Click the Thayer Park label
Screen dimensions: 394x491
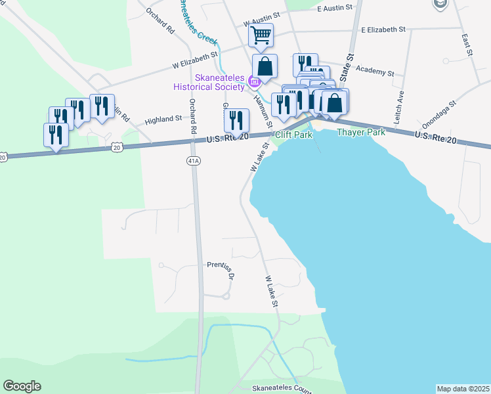[x=360, y=132]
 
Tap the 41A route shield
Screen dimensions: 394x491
[x=192, y=160]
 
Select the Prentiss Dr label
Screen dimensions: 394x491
[x=221, y=271]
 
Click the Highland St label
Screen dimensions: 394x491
[x=163, y=119]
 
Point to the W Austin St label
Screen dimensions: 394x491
[x=261, y=22]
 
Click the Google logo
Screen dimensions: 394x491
[x=22, y=386]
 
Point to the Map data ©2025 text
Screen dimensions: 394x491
[x=463, y=389]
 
